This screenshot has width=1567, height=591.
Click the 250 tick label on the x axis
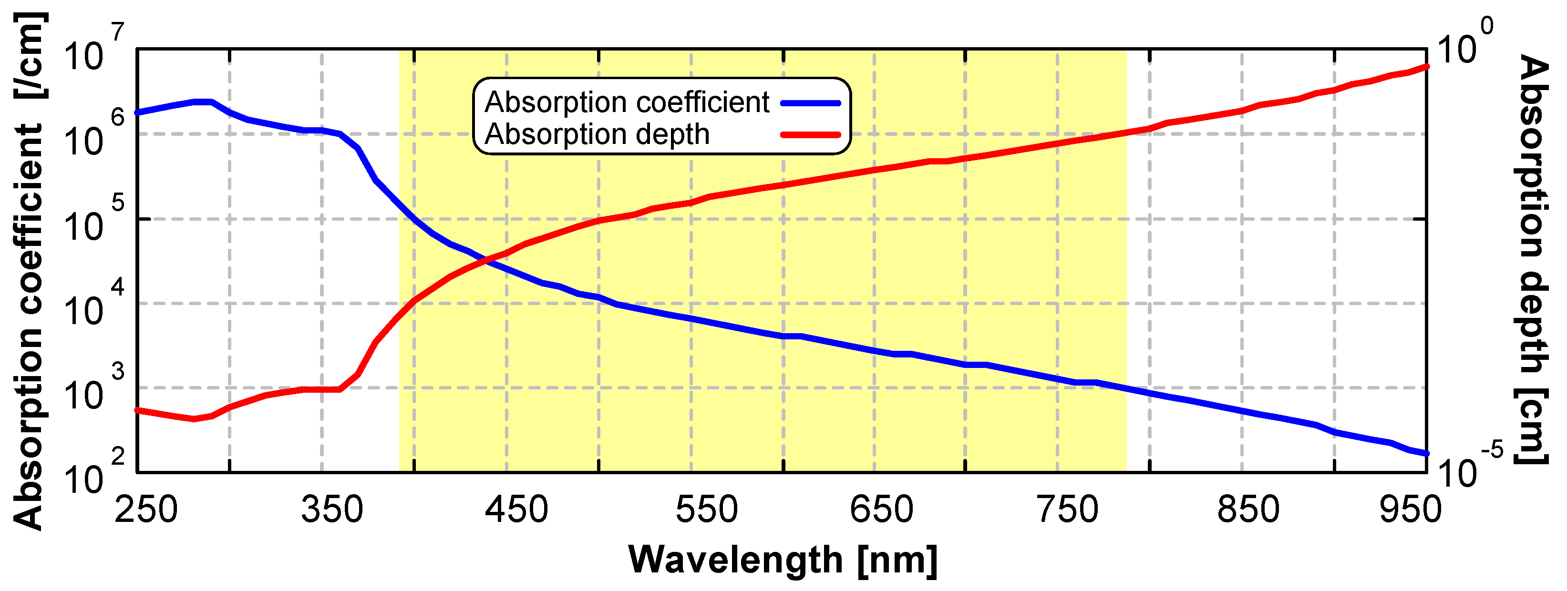146,509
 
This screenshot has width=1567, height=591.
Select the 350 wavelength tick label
332,509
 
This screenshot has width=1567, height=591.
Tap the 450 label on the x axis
516,509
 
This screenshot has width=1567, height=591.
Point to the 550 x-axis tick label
706,509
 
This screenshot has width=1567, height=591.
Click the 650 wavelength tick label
881,509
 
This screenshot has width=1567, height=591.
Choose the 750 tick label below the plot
1068,509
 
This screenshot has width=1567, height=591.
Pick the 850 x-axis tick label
1248,509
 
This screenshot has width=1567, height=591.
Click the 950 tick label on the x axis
1411,509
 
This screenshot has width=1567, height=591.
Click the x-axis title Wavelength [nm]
783,560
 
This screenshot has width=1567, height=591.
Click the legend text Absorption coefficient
627,102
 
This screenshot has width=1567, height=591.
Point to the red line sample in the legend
810,134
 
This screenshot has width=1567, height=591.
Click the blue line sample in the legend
810,103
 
